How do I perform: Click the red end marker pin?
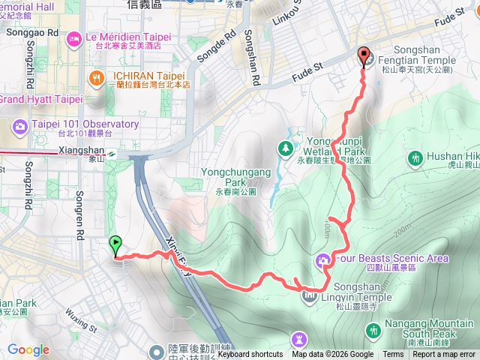364,55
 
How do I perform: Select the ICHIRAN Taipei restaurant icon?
96,77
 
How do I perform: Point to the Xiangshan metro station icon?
110,152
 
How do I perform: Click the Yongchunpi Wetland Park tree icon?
286,148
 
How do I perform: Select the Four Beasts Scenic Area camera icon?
323,259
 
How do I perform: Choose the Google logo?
28,349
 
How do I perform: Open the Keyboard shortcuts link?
250,355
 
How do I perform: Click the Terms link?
393,355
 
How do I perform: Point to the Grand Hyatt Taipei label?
40,99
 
